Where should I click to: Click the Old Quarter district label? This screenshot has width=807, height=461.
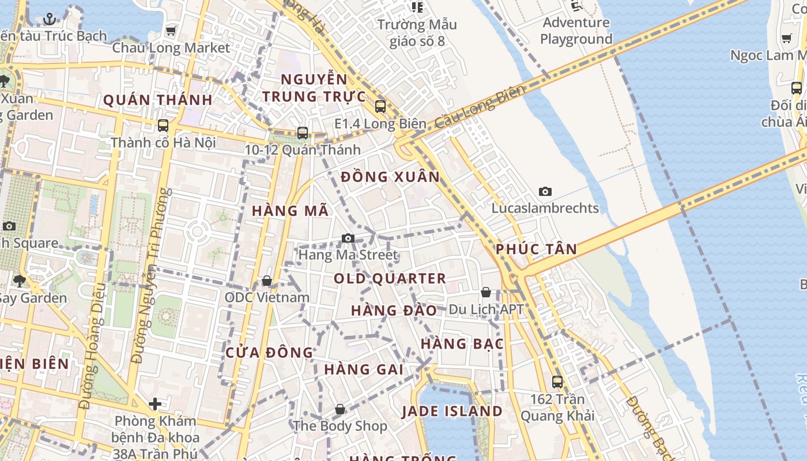[x=390, y=279]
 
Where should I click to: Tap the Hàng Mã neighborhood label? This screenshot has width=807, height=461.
[x=290, y=211]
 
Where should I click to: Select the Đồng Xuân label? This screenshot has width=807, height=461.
[x=390, y=177]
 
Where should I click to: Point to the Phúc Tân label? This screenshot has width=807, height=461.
[x=536, y=250]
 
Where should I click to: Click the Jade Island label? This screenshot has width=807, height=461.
[x=452, y=411]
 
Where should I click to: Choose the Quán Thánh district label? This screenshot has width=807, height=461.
[x=158, y=100]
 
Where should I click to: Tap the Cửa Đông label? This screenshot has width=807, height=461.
[x=269, y=353]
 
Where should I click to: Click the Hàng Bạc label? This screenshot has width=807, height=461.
[x=462, y=344]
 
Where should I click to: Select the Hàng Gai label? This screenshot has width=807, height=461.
[x=364, y=369]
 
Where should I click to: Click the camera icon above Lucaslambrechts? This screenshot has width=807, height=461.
[x=545, y=191]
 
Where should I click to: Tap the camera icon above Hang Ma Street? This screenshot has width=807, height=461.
[x=348, y=238]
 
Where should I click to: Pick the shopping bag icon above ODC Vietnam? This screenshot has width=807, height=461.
[x=267, y=281]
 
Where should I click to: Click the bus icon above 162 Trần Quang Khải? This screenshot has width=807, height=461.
[x=557, y=381]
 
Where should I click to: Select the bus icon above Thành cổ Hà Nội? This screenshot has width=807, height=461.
[x=163, y=125]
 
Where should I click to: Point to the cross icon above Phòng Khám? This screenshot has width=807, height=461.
[x=155, y=404]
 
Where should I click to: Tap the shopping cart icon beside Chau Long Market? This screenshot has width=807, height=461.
[x=171, y=31]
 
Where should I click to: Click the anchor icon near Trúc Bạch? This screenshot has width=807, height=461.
[x=50, y=19]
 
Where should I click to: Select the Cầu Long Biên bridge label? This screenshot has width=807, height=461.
[x=480, y=107]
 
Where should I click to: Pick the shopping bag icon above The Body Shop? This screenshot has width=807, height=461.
[x=340, y=409]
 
